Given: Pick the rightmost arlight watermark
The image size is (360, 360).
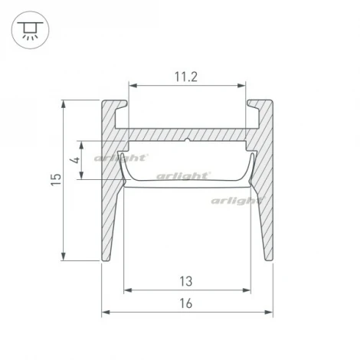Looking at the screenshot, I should [237, 201].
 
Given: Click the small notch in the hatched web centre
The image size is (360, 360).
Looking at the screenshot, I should [188, 141].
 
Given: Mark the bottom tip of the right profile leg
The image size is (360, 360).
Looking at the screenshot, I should [270, 260].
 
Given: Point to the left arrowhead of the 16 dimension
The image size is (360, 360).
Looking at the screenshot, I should [104, 313].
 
